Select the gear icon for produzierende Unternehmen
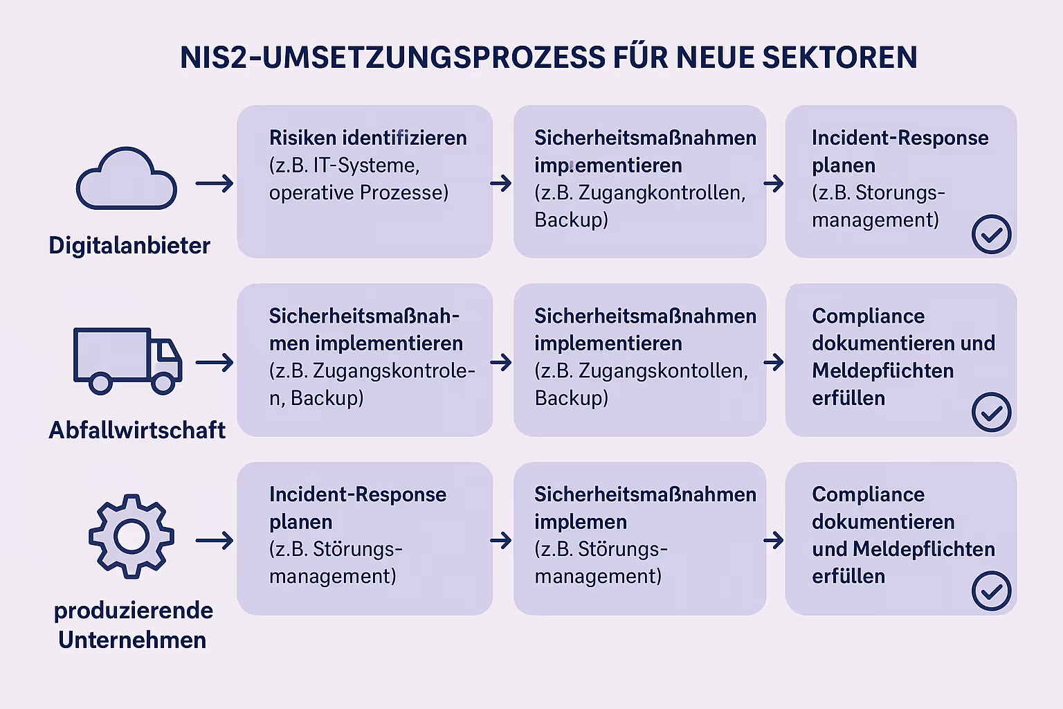[131, 536]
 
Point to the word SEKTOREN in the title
[839, 57]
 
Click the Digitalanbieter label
[129, 246]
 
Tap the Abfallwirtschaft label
[137, 431]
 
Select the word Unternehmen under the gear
[132, 640]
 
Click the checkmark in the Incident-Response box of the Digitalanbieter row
[991, 234]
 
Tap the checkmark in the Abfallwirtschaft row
[991, 413]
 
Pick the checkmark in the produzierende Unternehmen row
[991, 591]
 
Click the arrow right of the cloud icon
[215, 183]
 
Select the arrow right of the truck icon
[215, 362]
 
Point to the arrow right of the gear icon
[215, 540]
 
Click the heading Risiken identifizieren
[367, 138]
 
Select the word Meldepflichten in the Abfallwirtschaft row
[882, 371]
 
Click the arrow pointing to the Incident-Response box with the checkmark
[774, 183]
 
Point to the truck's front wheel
[163, 383]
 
